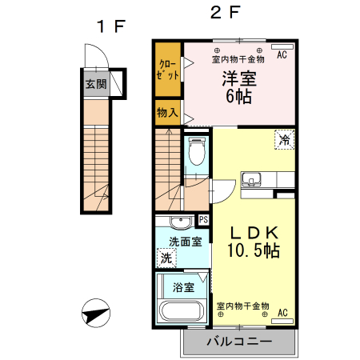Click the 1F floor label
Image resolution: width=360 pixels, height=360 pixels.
pyautogui.click(x=110, y=26)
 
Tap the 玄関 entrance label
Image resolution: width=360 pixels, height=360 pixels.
pyautogui.click(x=95, y=82)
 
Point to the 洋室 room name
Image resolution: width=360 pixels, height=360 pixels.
pyautogui.click(x=238, y=80)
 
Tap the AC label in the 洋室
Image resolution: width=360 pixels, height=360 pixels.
pyautogui.click(x=282, y=56)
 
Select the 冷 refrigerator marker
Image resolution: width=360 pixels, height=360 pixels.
pyautogui.click(x=284, y=139)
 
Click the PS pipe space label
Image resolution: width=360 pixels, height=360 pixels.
pyautogui.click(x=203, y=220)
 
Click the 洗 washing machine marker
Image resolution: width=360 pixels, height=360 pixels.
pyautogui.click(x=166, y=258)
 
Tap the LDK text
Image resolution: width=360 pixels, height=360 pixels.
pyautogui.click(x=255, y=233)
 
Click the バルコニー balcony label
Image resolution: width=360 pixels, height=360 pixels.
pyautogui.click(x=238, y=342)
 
